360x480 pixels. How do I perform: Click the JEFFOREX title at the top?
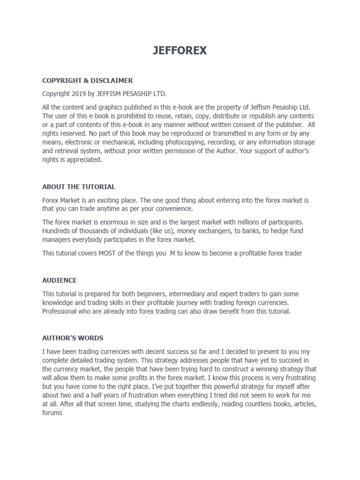click(x=180, y=51)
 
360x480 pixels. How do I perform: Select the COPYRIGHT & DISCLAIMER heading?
click(x=88, y=80)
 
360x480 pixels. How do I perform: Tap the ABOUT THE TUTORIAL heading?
click(x=79, y=187)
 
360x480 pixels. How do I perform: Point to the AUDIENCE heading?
click(x=60, y=280)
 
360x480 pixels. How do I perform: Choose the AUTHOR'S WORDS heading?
click(x=73, y=337)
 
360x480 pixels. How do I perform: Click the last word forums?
click(x=52, y=413)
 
